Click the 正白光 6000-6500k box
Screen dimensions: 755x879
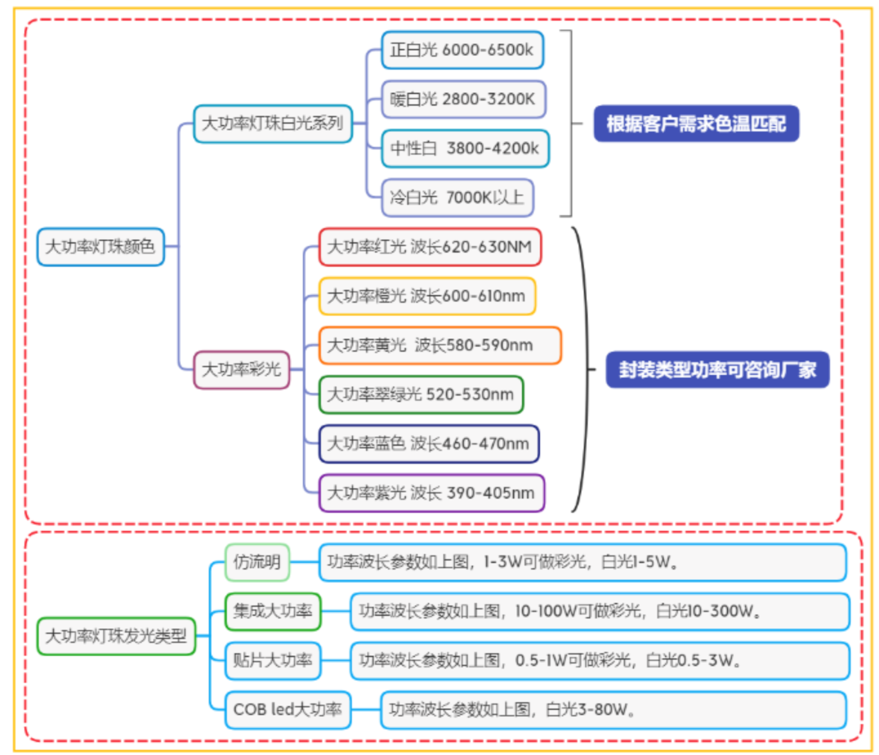462,50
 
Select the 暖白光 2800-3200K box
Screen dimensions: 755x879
463,99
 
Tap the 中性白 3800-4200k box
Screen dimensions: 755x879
465,149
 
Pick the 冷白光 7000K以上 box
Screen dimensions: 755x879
458,198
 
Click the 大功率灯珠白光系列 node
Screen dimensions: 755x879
273,124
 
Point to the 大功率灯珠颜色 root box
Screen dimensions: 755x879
101,247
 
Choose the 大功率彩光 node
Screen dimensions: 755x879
242,370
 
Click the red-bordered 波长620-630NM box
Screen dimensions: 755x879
430,247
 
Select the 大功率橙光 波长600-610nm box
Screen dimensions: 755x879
427,296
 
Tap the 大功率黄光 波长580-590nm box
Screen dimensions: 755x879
439,345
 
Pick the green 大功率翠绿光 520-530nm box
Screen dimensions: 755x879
421,394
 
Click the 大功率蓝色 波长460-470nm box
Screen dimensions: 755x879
429,444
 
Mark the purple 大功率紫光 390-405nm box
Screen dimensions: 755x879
431,493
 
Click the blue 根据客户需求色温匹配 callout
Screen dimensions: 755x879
696,124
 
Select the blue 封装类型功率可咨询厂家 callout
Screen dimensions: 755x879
717,370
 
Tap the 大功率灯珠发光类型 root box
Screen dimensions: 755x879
116,636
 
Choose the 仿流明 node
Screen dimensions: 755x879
257,562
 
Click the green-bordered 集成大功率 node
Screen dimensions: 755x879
273,611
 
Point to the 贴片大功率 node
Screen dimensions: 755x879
273,660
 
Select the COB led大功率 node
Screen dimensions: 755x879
287,710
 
